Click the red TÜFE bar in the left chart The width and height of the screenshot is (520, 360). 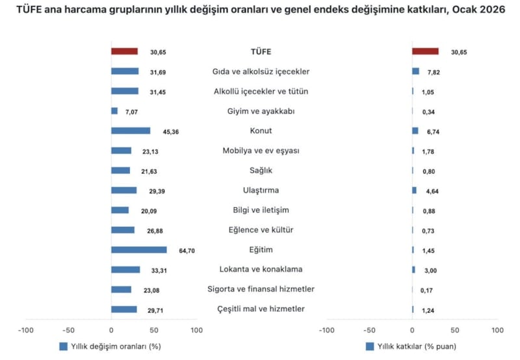[x=124, y=51]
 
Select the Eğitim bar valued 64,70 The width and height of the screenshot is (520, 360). [x=138, y=250]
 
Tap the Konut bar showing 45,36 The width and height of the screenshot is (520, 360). [x=131, y=131]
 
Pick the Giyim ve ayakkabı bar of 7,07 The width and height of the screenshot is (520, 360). [x=114, y=111]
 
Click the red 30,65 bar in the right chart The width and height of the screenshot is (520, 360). [x=425, y=51]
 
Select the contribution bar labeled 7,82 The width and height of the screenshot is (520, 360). [x=415, y=71]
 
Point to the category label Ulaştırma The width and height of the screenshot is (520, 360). [x=261, y=190]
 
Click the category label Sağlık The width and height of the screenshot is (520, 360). [x=261, y=170]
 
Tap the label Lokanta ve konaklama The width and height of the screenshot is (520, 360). [x=261, y=269]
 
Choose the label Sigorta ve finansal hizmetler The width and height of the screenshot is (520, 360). [x=261, y=289]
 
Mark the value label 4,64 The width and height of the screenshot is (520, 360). [x=428, y=191]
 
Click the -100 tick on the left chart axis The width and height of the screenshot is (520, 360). [x=26, y=330]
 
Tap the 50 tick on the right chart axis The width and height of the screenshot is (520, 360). [x=455, y=330]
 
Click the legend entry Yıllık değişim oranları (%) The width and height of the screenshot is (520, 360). [x=110, y=346]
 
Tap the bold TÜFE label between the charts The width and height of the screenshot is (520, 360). [x=261, y=51]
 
